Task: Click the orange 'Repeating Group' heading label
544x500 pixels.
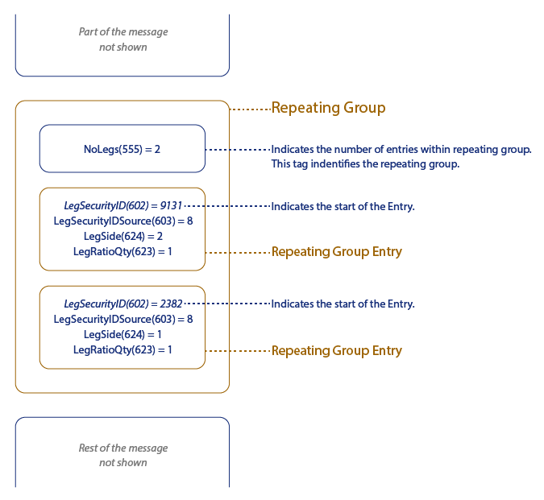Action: tap(328, 108)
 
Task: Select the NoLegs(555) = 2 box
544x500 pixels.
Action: tap(123, 149)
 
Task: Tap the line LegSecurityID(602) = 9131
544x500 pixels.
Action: tap(123, 206)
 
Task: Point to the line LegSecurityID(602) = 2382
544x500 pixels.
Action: tap(123, 304)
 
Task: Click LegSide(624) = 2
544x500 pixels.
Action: tap(123, 237)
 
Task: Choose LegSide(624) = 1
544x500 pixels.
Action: tap(123, 334)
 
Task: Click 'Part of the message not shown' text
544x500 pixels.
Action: tap(123, 39)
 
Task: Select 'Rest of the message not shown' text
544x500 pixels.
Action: tap(123, 455)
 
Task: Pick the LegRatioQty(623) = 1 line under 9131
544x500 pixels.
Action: tap(123, 252)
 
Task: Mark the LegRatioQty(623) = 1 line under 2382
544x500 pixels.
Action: tap(123, 349)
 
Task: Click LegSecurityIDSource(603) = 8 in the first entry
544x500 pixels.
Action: tap(123, 221)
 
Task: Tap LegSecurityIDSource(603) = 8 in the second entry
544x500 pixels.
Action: tap(123, 319)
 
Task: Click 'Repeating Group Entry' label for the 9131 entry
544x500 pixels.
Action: tap(336, 252)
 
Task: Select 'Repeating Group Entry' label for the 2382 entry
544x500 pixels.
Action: tap(336, 351)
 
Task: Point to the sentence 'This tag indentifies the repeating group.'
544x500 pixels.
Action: tap(365, 164)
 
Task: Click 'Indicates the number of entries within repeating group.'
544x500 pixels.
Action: tap(401, 150)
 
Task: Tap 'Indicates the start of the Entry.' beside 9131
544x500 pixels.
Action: tap(343, 207)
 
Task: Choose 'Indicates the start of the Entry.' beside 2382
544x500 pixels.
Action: tap(343, 304)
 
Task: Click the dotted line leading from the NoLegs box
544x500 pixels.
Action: tap(238, 150)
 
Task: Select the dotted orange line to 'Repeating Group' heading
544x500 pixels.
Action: tap(250, 108)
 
